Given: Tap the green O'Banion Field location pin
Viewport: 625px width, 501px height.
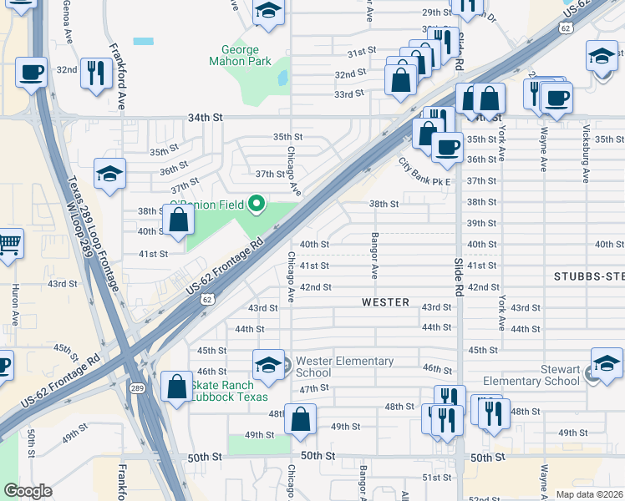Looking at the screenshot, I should [x=258, y=203].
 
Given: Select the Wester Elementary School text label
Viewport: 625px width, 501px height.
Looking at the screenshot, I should [x=343, y=367].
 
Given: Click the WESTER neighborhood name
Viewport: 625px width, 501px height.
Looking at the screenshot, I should [x=385, y=302].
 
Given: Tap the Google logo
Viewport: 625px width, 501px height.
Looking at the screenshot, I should [x=28, y=491].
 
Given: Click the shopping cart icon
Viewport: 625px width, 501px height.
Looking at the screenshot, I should [x=8, y=245].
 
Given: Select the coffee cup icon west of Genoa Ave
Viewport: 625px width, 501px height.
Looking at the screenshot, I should [x=31, y=72].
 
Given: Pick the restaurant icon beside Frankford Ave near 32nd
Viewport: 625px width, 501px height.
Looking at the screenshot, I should [x=97, y=72].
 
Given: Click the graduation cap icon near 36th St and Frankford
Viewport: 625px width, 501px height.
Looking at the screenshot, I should [x=109, y=174].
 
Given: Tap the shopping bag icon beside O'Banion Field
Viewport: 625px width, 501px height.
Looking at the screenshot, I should [x=179, y=220].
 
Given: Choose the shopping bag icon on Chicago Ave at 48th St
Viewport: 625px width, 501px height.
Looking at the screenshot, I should [x=300, y=418].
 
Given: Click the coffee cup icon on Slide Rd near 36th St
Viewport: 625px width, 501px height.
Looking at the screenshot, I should [x=447, y=147].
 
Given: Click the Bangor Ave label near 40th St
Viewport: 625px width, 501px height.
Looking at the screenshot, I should [x=374, y=256].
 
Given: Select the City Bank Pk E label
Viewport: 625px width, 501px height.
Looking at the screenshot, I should [x=424, y=172].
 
